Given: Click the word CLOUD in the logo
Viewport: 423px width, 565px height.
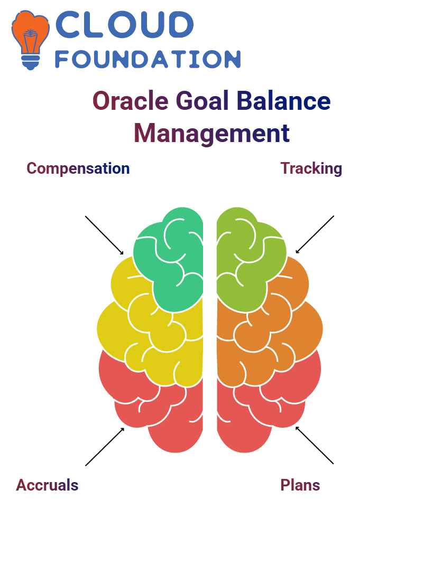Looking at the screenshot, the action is pyautogui.click(x=124, y=24).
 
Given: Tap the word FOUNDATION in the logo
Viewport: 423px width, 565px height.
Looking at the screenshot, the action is pyautogui.click(x=148, y=59).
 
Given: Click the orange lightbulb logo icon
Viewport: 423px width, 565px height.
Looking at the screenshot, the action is pyautogui.click(x=30, y=40).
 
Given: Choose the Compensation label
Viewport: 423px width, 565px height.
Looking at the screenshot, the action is pyautogui.click(x=78, y=169).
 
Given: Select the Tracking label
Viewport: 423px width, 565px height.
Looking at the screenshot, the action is pyautogui.click(x=311, y=168).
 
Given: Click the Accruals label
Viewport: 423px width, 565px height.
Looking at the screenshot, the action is pyautogui.click(x=47, y=485).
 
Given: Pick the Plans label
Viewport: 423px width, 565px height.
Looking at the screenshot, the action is pyautogui.click(x=300, y=485).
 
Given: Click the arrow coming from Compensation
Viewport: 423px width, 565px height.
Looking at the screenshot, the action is pyautogui.click(x=104, y=236).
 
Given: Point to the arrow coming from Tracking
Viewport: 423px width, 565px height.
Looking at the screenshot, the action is pyautogui.click(x=315, y=234).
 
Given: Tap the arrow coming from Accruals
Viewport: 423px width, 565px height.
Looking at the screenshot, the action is pyautogui.click(x=105, y=447).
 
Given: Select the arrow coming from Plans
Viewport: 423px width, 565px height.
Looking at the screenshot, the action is pyautogui.click(x=315, y=445).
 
